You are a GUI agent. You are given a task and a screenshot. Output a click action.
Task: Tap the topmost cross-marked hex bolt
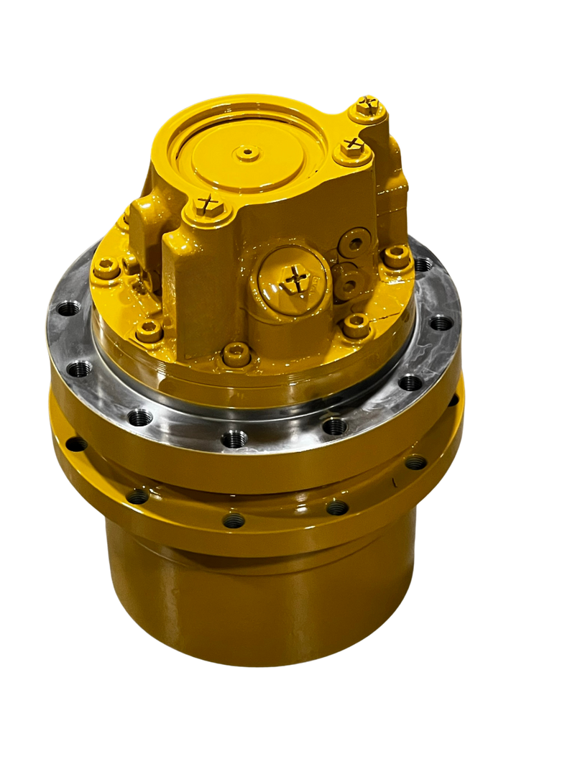(x=370, y=106)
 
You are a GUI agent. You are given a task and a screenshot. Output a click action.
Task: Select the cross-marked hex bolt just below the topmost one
(x=351, y=146)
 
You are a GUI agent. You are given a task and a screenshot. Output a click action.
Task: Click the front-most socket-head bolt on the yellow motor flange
(x=236, y=354)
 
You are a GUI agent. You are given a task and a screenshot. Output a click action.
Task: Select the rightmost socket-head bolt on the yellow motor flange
(x=396, y=255)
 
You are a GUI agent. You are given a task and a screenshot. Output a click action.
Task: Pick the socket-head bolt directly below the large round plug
(x=356, y=326)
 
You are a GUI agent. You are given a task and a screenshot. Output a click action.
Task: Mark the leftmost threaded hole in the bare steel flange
(x=68, y=310)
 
